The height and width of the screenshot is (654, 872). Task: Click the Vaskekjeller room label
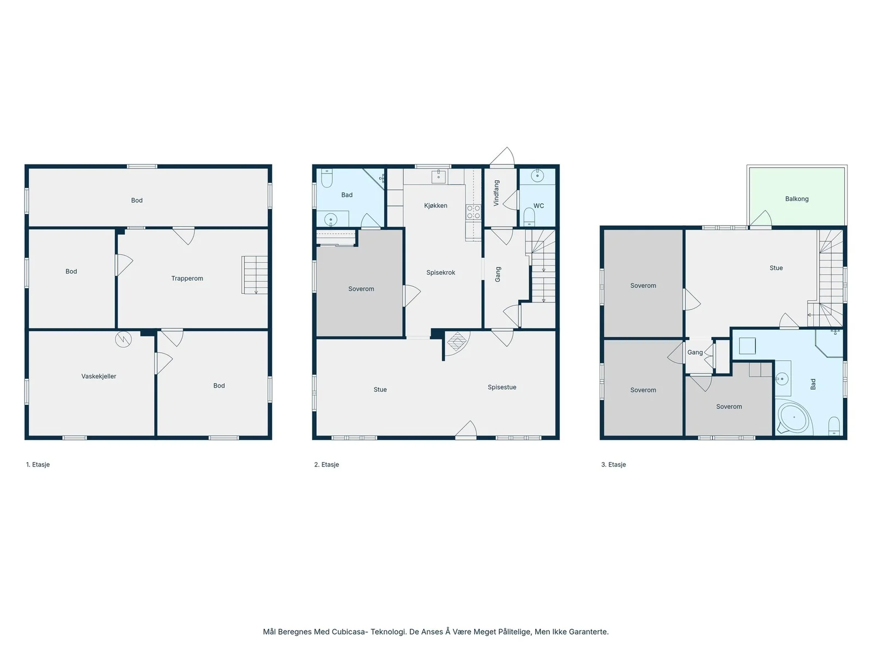99,377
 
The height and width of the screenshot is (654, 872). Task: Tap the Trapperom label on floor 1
187,278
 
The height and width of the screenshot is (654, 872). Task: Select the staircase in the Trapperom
255,275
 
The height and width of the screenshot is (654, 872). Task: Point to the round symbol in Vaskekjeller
123,340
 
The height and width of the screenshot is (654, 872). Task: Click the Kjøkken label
436,205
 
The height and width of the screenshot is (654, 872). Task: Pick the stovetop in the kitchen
473,212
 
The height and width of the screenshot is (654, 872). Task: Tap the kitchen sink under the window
439,176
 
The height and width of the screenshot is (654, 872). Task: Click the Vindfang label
496,193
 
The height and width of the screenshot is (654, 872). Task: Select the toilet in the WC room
529,217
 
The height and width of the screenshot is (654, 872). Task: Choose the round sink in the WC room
537,175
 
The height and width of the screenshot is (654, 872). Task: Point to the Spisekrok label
440,272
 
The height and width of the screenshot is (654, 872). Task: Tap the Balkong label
797,198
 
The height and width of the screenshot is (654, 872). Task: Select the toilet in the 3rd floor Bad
834,426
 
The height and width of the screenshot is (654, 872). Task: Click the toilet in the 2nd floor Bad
326,178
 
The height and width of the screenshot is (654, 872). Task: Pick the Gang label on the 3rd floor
695,352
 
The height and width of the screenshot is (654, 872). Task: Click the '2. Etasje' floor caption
326,464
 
